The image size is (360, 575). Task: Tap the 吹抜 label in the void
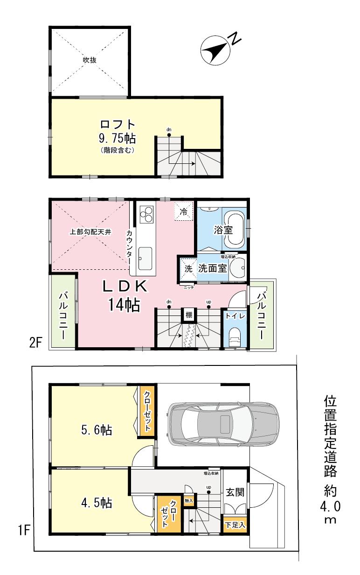pyautogui.click(x=90, y=61)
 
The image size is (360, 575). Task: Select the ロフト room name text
pyautogui.click(x=118, y=125)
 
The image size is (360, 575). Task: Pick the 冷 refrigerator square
pyautogui.click(x=184, y=211)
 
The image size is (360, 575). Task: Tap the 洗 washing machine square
pyautogui.click(x=188, y=269)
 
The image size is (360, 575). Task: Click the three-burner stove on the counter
pyautogui.click(x=147, y=216)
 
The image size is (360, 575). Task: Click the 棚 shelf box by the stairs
pyautogui.click(x=188, y=315)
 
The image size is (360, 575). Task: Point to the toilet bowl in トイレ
pyautogui.click(x=235, y=336)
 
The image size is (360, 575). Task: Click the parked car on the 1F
pyautogui.click(x=223, y=423)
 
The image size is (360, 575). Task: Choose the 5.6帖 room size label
pyautogui.click(x=97, y=430)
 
